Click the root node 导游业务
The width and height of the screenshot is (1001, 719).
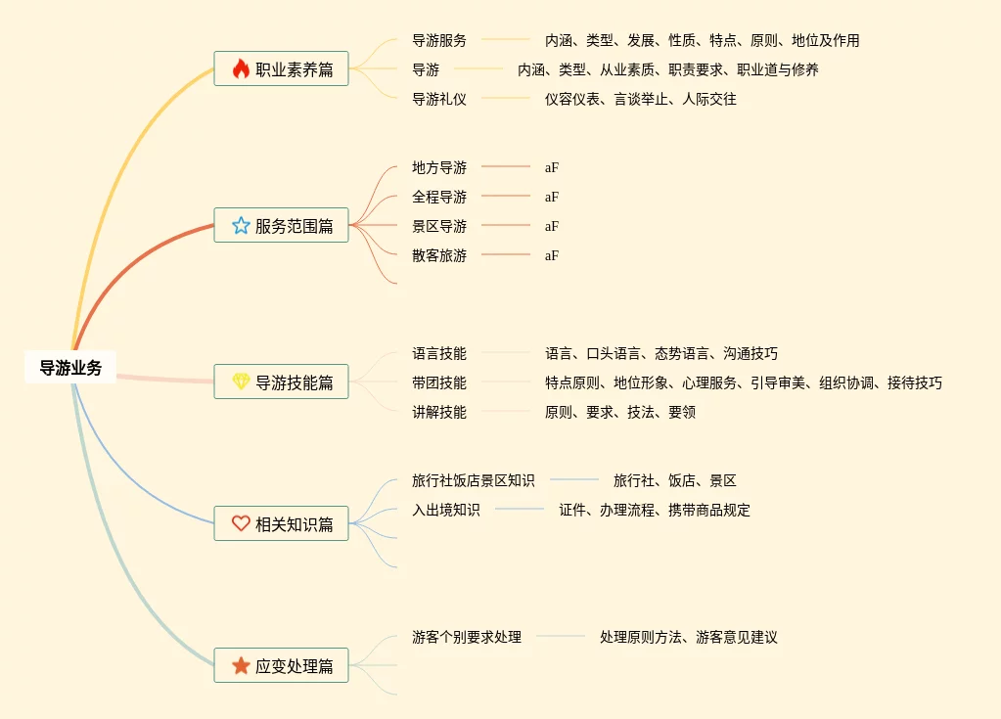[70, 368]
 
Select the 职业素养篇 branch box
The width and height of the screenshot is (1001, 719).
[281, 69]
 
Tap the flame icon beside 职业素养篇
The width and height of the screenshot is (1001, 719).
[241, 68]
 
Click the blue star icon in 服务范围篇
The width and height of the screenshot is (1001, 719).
[241, 226]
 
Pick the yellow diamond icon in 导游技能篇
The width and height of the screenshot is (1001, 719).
[241, 382]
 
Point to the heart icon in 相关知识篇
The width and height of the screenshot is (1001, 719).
[241, 523]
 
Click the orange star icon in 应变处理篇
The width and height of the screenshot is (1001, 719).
[241, 665]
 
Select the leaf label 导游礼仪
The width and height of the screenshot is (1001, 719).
[439, 99]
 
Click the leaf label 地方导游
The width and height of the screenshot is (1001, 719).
[439, 167]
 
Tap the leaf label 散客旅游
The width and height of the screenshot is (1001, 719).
[439, 255]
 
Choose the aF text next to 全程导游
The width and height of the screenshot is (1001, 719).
[552, 197]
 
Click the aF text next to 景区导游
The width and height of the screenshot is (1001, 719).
[552, 226]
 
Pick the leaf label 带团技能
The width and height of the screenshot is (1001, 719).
[439, 382]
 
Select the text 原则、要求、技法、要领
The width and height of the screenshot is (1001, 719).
[620, 412]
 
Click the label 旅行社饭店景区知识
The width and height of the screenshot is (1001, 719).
[474, 480]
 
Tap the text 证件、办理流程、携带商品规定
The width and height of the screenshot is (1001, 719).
[655, 510]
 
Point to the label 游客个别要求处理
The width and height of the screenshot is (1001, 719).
[467, 637]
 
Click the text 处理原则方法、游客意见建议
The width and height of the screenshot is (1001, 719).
[689, 637]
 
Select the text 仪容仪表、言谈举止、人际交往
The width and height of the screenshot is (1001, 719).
[641, 99]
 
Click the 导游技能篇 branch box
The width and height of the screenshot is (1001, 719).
[281, 382]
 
